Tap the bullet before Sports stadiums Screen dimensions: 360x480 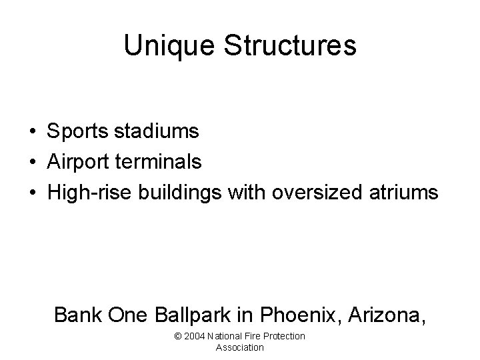click(33, 132)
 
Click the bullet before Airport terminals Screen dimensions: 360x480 click(33, 162)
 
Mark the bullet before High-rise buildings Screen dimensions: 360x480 click(33, 193)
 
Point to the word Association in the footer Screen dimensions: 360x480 click(240, 347)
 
